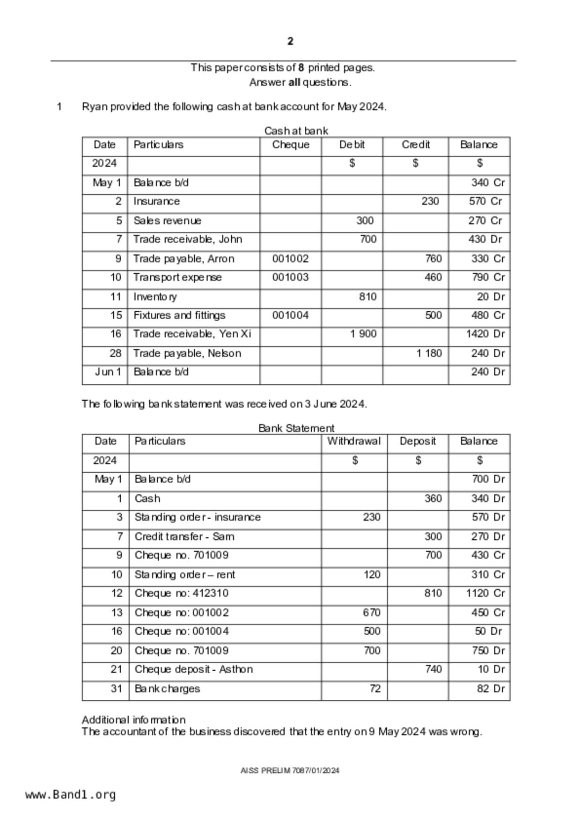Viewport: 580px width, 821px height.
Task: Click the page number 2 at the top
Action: pyautogui.click(x=290, y=42)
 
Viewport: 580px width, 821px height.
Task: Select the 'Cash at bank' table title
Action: pyautogui.click(x=296, y=131)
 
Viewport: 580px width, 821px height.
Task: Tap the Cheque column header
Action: pyautogui.click(x=290, y=145)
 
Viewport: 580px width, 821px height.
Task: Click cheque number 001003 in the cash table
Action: pyautogui.click(x=290, y=278)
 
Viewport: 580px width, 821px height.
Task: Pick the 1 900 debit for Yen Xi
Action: pyautogui.click(x=363, y=334)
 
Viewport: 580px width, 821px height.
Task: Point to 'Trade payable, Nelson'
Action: pyautogui.click(x=187, y=353)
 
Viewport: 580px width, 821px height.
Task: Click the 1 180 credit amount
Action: pyautogui.click(x=429, y=353)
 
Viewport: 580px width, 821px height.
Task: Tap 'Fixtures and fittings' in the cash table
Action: pyautogui.click(x=179, y=315)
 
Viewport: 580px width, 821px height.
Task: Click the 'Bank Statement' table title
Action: pyautogui.click(x=296, y=428)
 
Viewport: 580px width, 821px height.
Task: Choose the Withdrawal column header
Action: pyautogui.click(x=354, y=441)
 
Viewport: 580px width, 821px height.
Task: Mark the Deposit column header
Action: pyautogui.click(x=418, y=441)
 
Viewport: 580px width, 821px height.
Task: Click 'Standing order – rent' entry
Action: pyautogui.click(x=185, y=575)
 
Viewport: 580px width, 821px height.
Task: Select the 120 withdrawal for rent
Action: pyautogui.click(x=372, y=575)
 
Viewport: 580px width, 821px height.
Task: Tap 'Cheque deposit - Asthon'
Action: pyautogui.click(x=194, y=669)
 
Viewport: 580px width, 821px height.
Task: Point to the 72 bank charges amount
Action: pyautogui.click(x=374, y=689)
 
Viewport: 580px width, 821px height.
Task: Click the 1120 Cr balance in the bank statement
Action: pyautogui.click(x=485, y=594)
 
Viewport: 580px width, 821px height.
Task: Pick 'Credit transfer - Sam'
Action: pyautogui.click(x=184, y=537)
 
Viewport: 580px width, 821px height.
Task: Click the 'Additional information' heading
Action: pyautogui.click(x=134, y=720)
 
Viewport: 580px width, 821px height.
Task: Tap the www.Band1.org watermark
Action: pyautogui.click(x=71, y=795)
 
